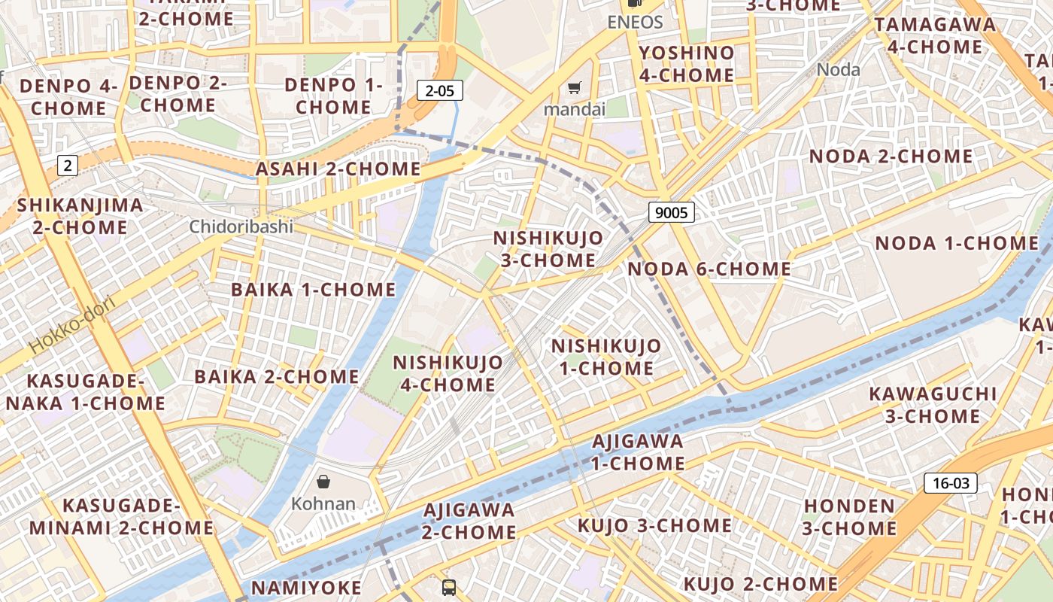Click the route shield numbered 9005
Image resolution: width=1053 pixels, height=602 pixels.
tap(671, 213)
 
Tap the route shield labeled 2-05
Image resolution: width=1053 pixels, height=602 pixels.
tap(440, 91)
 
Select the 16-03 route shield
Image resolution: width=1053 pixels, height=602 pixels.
tap(951, 483)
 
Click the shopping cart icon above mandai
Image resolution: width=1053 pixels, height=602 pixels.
tap(575, 88)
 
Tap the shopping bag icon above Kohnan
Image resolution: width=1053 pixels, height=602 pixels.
tap(323, 482)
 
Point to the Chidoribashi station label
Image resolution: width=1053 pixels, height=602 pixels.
tap(241, 227)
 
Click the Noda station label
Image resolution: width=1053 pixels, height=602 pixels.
tap(838, 70)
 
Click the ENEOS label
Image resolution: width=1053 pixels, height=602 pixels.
tap(635, 22)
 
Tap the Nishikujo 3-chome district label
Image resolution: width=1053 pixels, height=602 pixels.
tap(548, 249)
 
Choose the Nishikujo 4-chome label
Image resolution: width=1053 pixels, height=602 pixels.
tap(448, 373)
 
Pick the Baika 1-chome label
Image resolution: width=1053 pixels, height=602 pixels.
tap(314, 290)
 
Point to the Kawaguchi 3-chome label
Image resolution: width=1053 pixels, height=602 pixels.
tap(933, 405)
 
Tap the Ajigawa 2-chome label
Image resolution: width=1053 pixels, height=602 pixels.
tap(469, 521)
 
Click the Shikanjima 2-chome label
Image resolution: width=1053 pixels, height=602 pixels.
tap(80, 216)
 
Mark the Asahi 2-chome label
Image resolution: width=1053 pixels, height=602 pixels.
tap(338, 169)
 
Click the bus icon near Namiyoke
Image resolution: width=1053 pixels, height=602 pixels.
tap(449, 587)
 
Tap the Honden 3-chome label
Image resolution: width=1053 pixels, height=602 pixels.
tap(849, 517)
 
